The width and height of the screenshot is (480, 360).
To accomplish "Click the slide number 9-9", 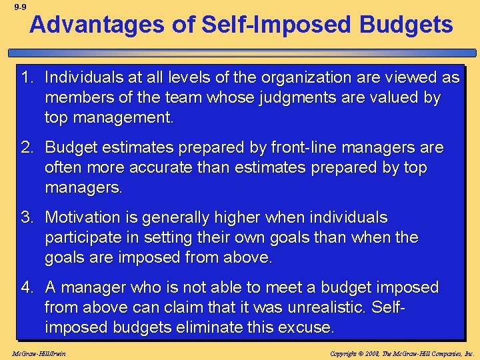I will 19,7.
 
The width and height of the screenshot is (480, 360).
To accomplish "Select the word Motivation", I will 86,218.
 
